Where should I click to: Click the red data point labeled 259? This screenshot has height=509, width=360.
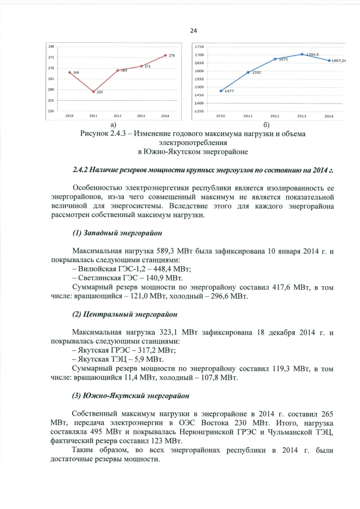tap(93, 91)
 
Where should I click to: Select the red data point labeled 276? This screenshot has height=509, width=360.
tap(165, 55)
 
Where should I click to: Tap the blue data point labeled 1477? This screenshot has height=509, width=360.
tap(220, 91)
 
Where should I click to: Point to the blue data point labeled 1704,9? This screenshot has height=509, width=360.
tap(302, 55)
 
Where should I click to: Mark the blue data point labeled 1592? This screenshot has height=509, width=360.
tap(248, 72)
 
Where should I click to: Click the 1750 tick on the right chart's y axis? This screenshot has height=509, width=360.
tap(199, 47)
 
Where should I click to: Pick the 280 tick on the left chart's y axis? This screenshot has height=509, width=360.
tap(51, 46)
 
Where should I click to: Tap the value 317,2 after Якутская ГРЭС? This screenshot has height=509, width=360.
tap(152, 350)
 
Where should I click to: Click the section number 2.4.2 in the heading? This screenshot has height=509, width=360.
tap(82, 169)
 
